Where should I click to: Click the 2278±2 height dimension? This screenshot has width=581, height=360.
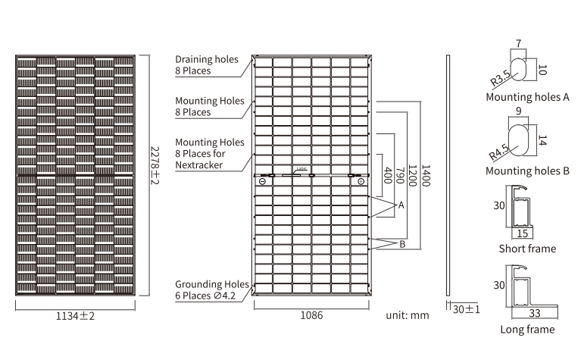(155, 165)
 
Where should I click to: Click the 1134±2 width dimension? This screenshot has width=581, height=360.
(75, 316)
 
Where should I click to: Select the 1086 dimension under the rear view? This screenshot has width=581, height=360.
(311, 315)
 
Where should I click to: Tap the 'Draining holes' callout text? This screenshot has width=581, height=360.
(207, 59)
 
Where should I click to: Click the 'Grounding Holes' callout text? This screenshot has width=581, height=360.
(212, 284)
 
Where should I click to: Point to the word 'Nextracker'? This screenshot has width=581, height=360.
(199, 165)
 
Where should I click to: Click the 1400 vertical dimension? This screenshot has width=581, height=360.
(426, 175)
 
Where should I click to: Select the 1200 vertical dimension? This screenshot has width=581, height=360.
(412, 175)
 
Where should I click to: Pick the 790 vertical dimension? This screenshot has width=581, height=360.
(400, 175)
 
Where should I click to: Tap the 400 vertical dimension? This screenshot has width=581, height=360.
(388, 175)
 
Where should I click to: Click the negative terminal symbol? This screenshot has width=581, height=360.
(262, 181)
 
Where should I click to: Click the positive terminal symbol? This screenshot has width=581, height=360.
(361, 181)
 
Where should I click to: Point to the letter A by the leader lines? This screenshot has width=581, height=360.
(401, 205)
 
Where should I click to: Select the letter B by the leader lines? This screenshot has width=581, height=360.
(402, 244)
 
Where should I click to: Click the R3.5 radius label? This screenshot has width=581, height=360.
(500, 79)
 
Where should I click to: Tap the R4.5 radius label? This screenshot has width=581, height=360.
(498, 152)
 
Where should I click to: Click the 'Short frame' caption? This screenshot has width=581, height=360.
(527, 249)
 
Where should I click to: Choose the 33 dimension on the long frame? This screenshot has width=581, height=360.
(534, 313)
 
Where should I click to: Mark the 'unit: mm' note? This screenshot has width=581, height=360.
(408, 315)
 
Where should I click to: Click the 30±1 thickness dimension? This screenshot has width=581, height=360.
(466, 309)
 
